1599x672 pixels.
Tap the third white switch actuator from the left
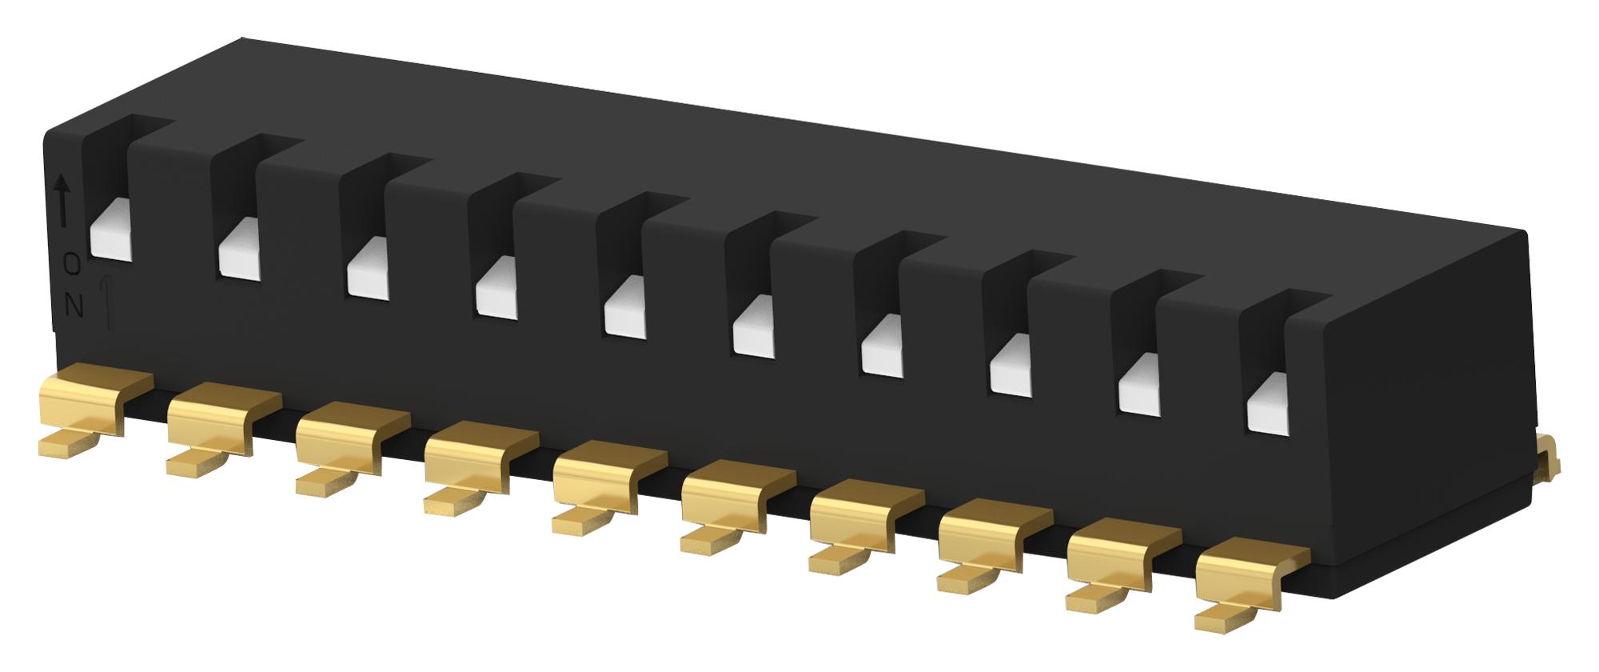tap(368, 271)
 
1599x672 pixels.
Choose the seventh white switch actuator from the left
tap(883, 347)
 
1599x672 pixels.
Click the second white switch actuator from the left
tap(239, 252)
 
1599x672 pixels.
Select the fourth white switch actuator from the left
tap(496, 290)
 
